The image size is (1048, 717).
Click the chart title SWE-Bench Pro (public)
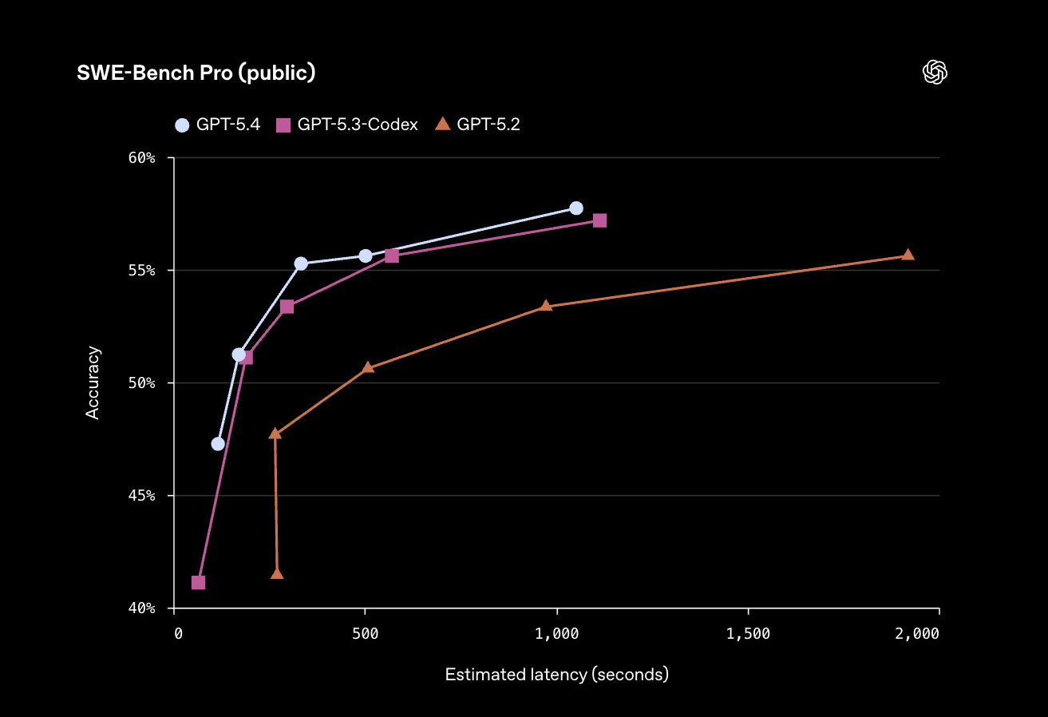pyautogui.click(x=196, y=73)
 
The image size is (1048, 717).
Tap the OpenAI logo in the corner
pyautogui.click(x=935, y=73)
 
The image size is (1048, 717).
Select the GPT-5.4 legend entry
pyautogui.click(x=218, y=125)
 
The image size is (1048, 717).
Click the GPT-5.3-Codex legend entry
pyautogui.click(x=347, y=125)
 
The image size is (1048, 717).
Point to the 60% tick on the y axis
pyautogui.click(x=141, y=158)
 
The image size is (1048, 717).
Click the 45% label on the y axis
pyautogui.click(x=141, y=496)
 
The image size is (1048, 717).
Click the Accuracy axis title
pyautogui.click(x=93, y=382)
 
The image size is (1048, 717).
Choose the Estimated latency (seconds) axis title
pyautogui.click(x=556, y=675)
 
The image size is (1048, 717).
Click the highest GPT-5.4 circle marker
pyautogui.click(x=576, y=208)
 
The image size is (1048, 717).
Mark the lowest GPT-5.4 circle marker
pyautogui.click(x=218, y=444)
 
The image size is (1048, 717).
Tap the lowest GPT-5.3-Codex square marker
pyautogui.click(x=198, y=583)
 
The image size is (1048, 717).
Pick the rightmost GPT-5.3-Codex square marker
pyautogui.click(x=599, y=220)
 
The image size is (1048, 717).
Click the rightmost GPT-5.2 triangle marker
pyautogui.click(x=908, y=255)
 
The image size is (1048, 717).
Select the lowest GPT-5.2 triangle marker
pyautogui.click(x=277, y=574)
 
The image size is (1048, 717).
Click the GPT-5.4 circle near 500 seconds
pyautogui.click(x=366, y=256)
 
